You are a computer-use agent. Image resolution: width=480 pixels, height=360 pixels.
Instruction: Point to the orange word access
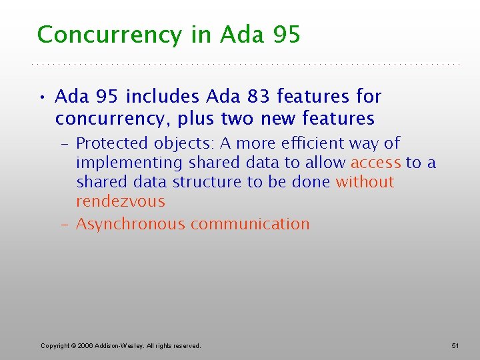(375, 163)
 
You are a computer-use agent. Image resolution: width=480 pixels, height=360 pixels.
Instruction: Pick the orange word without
(365, 182)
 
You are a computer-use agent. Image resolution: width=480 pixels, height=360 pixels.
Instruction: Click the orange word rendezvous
(120, 201)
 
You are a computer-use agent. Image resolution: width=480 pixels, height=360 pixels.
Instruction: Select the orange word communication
(250, 224)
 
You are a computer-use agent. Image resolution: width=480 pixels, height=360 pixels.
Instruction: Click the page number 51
(456, 345)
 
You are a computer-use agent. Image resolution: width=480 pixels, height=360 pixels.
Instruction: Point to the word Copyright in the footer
(56, 345)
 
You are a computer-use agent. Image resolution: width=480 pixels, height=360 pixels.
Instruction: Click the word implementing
(129, 163)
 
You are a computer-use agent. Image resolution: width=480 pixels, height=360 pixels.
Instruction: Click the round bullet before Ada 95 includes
(41, 97)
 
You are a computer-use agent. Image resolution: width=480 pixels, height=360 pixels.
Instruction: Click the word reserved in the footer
(183, 345)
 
